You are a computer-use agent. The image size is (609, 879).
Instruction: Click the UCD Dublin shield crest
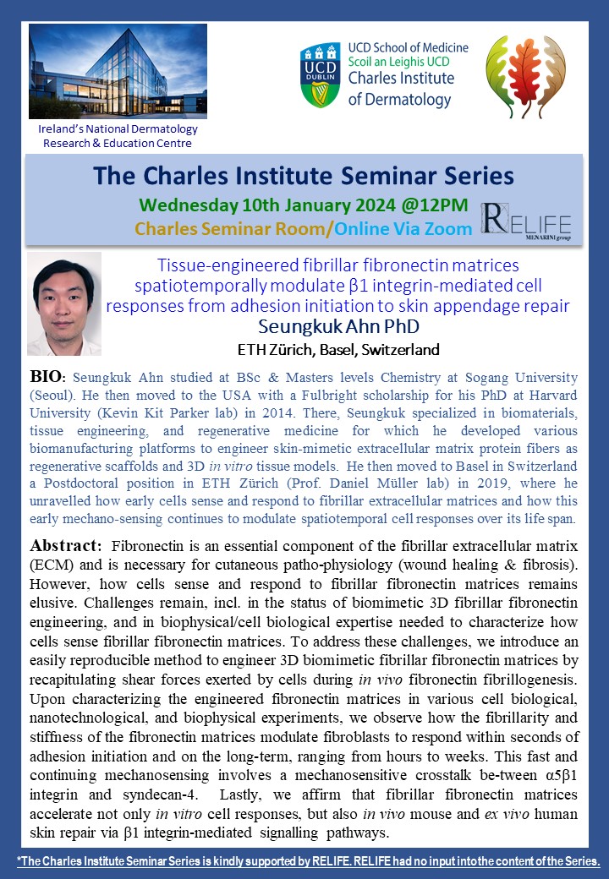click(321, 75)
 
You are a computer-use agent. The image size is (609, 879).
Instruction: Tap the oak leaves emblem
click(525, 76)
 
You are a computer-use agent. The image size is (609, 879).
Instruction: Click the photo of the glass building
click(118, 71)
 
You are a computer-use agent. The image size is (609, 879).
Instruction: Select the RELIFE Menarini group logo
click(525, 222)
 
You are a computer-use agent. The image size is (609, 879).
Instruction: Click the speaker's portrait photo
click(64, 303)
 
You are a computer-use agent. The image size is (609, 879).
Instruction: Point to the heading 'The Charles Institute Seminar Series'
click(304, 176)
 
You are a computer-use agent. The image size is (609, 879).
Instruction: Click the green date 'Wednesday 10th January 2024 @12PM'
click(304, 205)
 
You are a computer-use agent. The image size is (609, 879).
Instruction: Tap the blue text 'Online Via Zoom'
click(403, 229)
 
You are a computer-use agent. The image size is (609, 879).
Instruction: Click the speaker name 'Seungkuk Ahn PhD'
click(338, 326)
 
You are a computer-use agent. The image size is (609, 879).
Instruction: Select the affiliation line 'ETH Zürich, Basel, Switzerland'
click(338, 350)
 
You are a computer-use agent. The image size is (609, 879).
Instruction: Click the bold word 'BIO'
click(47, 377)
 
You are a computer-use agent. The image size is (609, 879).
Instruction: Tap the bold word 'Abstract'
click(64, 545)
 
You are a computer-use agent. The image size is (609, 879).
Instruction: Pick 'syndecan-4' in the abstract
click(155, 795)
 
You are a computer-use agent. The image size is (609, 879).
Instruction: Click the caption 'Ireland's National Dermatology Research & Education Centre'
click(118, 136)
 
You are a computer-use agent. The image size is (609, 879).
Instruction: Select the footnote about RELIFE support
click(308, 861)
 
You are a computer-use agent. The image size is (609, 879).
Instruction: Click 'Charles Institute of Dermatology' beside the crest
click(401, 89)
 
